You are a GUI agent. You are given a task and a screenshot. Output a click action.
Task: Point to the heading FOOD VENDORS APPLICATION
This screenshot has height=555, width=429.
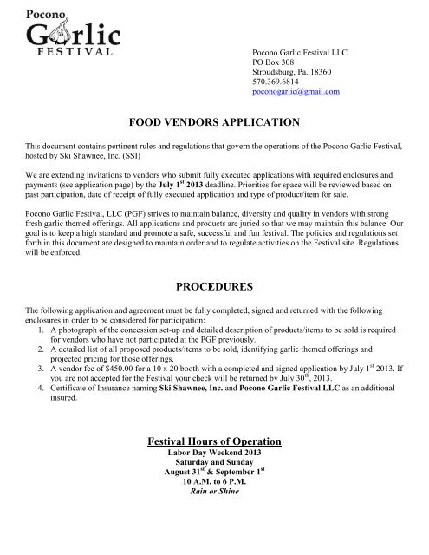(214, 121)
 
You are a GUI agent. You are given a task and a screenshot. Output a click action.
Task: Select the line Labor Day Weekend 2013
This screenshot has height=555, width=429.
(214, 455)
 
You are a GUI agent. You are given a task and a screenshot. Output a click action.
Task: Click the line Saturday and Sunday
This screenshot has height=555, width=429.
(214, 466)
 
